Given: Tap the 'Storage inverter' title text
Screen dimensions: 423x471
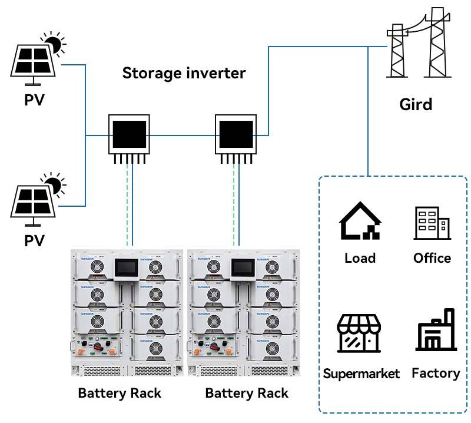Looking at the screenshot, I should (x=184, y=74).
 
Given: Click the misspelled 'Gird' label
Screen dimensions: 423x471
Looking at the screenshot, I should (x=416, y=105).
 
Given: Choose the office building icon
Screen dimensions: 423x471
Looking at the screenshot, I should (x=432, y=223).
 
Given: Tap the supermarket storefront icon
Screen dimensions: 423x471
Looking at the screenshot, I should (x=359, y=333).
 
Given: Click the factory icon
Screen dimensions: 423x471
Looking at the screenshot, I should (x=436, y=331).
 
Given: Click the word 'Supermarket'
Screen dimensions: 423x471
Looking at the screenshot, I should (x=361, y=374).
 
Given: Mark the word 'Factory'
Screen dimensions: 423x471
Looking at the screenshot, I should (x=436, y=373).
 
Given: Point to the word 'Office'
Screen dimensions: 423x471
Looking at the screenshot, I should (x=432, y=258).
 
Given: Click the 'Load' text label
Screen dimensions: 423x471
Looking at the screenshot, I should (x=360, y=258).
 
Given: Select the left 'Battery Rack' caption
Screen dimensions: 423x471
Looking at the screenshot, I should (x=120, y=393).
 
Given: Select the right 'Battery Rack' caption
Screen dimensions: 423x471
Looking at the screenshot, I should (x=246, y=393).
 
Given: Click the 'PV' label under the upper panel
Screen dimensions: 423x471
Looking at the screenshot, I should (x=35, y=100).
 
